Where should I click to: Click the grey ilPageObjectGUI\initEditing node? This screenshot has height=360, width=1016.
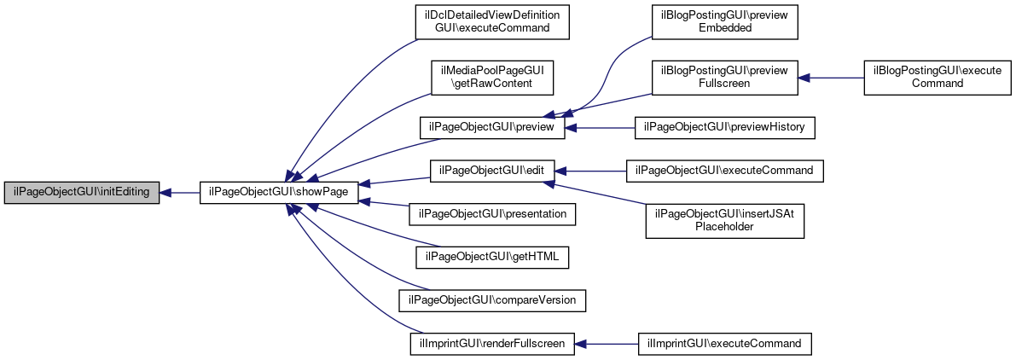[82, 193]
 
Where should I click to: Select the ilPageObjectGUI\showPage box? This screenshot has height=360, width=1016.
[279, 193]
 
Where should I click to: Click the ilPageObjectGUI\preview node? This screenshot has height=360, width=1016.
[492, 128]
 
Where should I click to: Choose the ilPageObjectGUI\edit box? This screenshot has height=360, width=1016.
[492, 171]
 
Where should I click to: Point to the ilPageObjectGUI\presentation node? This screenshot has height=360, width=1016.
[492, 213]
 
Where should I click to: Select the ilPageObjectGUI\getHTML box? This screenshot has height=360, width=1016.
[492, 257]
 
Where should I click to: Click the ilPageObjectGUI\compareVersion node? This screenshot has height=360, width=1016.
[492, 299]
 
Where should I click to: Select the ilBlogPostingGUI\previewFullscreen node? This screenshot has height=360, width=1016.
[724, 78]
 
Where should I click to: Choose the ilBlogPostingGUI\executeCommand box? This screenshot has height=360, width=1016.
[937, 78]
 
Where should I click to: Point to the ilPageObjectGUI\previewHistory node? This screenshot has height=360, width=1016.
[724, 128]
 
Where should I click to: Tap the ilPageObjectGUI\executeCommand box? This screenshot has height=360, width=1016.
[724, 171]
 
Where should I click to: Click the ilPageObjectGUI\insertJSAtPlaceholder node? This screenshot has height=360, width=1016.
[724, 220]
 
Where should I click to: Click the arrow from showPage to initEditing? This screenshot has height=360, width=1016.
[179, 193]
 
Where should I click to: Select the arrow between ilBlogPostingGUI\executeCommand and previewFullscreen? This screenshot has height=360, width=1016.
[831, 78]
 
